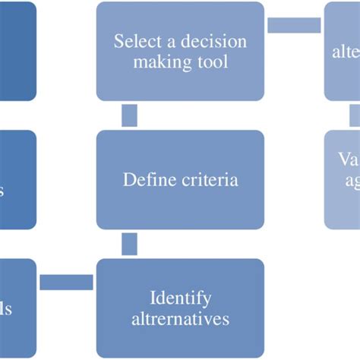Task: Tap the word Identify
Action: (181, 298)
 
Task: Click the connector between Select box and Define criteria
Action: (129, 115)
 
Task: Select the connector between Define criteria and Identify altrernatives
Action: (129, 244)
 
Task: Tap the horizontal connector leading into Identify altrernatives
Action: (65, 283)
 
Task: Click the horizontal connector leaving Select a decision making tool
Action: (294, 25)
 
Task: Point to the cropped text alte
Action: (346, 52)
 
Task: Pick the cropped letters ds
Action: (6, 309)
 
